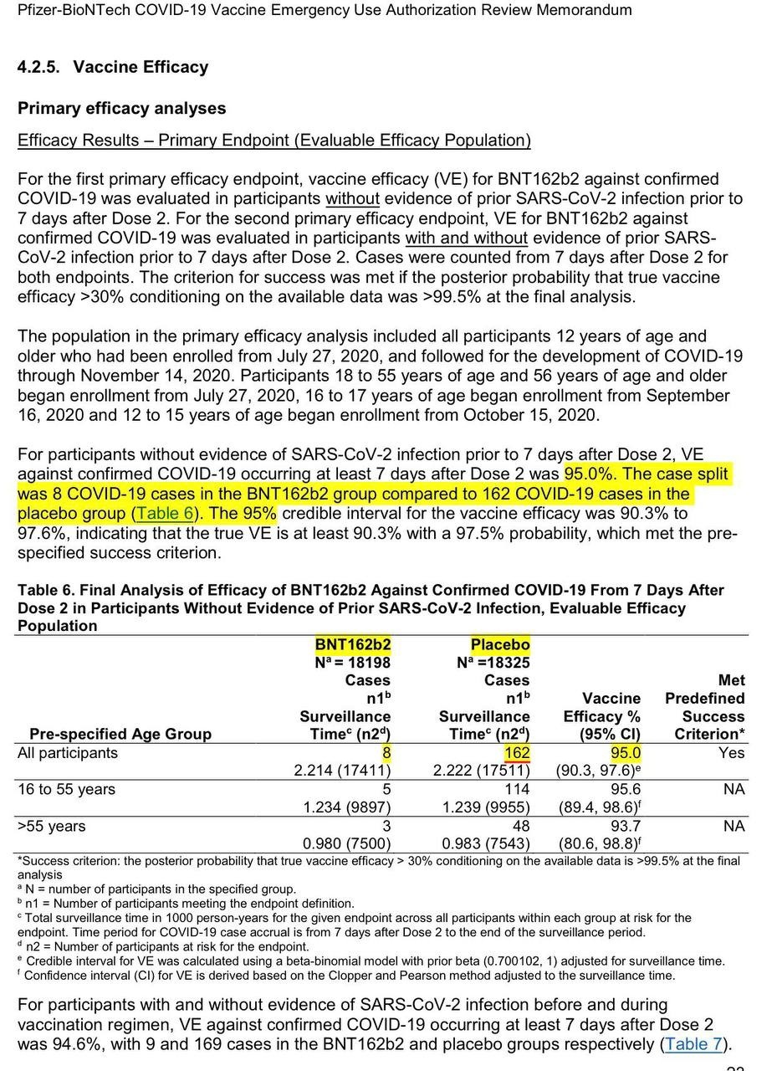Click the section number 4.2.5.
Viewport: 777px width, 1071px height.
pos(41,67)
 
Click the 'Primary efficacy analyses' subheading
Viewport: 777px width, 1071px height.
pos(121,108)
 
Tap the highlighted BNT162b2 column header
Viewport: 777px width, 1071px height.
pos(352,645)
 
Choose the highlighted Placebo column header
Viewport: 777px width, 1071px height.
pos(499,645)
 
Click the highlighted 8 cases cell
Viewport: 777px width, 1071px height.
pos(386,753)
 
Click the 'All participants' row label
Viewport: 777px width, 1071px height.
pos(68,753)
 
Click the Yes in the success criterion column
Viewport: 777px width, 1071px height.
pos(731,753)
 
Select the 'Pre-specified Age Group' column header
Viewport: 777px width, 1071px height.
pos(120,734)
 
